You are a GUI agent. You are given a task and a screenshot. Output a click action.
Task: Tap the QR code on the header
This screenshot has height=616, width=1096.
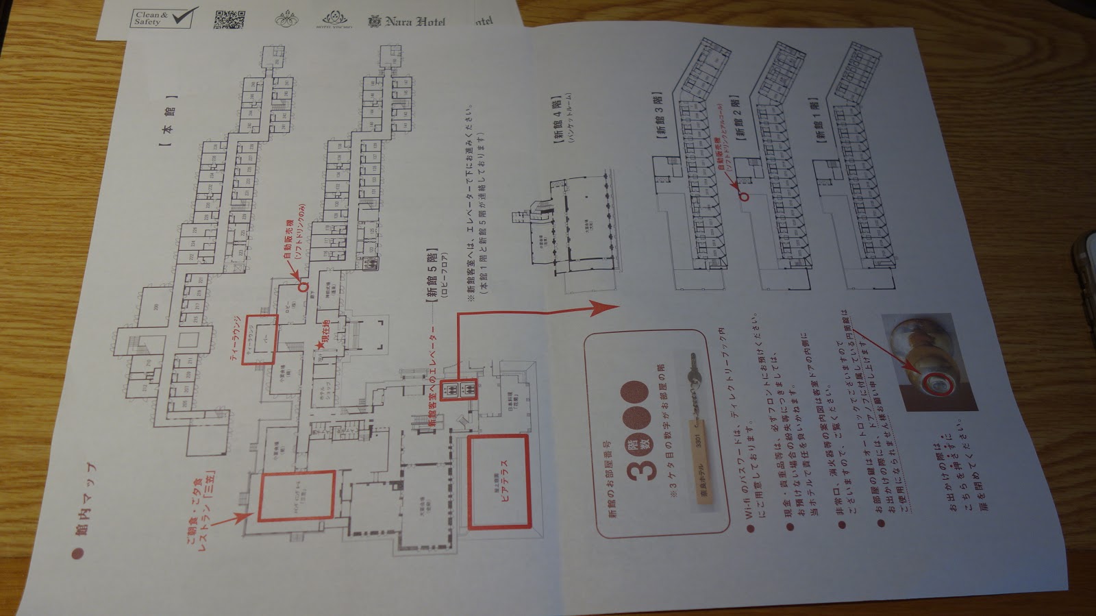click(229, 20)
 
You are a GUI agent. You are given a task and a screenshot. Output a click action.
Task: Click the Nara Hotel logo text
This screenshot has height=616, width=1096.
click(409, 21)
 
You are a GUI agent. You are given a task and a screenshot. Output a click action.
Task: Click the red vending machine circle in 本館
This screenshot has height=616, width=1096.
click(304, 287)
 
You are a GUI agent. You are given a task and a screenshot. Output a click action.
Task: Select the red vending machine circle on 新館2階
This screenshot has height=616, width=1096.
click(744, 195)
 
